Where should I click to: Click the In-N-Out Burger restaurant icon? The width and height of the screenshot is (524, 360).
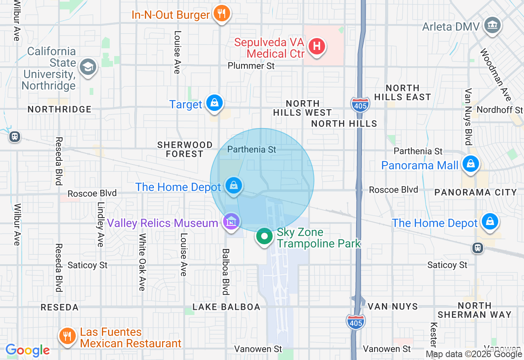(221, 13)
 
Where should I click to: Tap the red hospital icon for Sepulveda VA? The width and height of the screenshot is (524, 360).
(316, 46)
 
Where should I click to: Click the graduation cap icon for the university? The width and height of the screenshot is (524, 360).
(88, 67)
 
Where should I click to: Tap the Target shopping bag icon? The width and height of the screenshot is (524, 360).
(214, 103)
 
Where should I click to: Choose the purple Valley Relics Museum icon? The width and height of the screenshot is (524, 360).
(231, 222)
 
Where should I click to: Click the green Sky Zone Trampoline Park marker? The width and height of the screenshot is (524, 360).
(264, 236)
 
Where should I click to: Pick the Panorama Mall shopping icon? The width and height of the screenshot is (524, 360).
(471, 164)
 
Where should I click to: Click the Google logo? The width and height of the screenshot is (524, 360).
(27, 350)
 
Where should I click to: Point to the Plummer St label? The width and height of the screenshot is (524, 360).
(251, 65)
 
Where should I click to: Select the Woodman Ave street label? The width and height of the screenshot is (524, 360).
(496, 75)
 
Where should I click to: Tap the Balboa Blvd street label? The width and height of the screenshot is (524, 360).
(225, 272)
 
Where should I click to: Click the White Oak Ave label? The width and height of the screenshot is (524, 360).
(142, 262)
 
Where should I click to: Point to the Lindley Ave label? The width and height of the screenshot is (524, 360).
(100, 224)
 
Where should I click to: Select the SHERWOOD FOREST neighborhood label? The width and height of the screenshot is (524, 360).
(185, 149)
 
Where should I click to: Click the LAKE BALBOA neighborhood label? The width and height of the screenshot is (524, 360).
(226, 307)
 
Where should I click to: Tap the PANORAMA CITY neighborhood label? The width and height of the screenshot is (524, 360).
(476, 192)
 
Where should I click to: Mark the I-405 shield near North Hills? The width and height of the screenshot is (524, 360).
(360, 104)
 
